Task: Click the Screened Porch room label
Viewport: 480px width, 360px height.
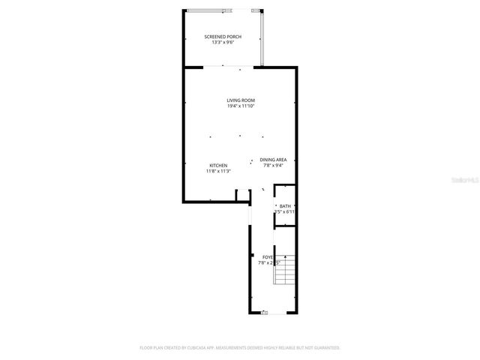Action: (x=223, y=36)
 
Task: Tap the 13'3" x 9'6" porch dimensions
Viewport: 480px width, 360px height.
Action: (x=223, y=42)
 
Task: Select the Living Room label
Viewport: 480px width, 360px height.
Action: (x=241, y=100)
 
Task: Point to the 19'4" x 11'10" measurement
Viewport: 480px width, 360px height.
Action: (x=241, y=106)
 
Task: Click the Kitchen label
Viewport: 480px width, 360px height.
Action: (x=218, y=165)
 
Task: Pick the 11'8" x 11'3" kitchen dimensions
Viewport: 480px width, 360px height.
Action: (x=218, y=171)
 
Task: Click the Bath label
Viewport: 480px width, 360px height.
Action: (x=285, y=205)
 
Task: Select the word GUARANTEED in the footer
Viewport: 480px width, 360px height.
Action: (x=325, y=348)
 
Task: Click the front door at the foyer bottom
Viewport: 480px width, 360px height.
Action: (x=265, y=313)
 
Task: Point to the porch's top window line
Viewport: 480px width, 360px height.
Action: (x=222, y=10)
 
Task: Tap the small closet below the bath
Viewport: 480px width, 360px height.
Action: (x=285, y=235)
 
